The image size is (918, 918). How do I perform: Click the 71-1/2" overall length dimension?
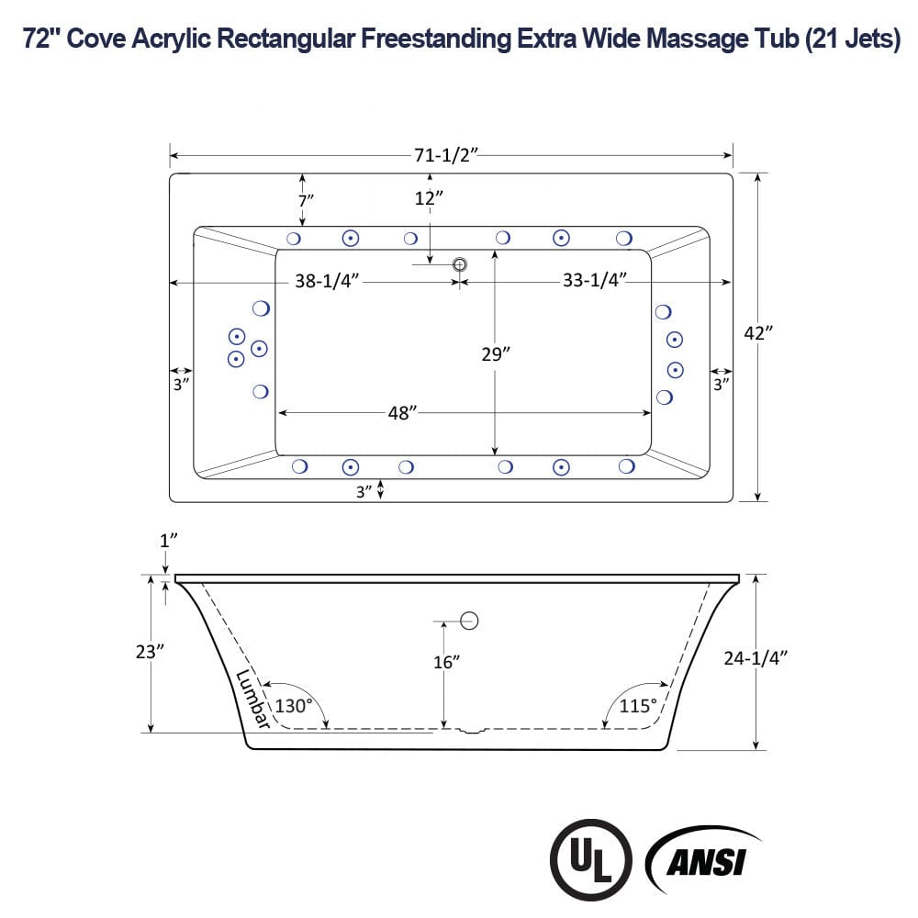(x=444, y=155)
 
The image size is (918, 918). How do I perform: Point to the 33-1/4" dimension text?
(x=594, y=282)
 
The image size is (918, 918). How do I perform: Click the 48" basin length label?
(x=402, y=413)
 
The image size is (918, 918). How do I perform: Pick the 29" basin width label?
(x=495, y=354)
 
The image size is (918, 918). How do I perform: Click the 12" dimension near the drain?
(x=428, y=198)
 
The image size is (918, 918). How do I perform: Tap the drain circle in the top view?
(x=460, y=264)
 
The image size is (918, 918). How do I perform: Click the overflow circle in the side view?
(x=470, y=621)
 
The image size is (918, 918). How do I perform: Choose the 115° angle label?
(x=638, y=706)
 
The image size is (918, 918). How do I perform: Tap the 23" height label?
(x=148, y=652)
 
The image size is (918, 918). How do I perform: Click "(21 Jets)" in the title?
(x=852, y=41)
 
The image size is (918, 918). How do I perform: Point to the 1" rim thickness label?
(x=165, y=542)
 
